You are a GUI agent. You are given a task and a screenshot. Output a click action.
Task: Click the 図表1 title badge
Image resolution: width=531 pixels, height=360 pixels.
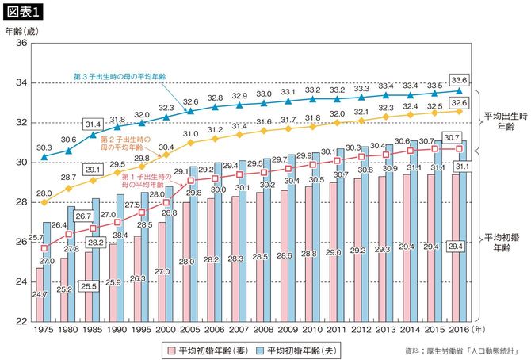coord(25,11)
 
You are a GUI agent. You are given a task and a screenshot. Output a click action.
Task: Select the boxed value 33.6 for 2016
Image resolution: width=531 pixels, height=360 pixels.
coord(457,79)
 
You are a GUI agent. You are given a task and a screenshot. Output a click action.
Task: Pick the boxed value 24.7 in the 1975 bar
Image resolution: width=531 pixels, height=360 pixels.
coord(40,295)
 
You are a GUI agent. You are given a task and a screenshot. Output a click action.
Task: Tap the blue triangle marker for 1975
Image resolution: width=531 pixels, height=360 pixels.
coord(44,157)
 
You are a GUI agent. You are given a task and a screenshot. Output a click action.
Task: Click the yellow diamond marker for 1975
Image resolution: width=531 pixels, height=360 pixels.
coord(44,202)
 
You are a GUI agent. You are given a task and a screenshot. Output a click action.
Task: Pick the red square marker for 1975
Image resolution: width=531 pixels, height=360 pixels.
coord(44,247)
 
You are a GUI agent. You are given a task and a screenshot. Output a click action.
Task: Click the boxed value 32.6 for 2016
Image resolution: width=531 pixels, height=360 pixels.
coord(457,102)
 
